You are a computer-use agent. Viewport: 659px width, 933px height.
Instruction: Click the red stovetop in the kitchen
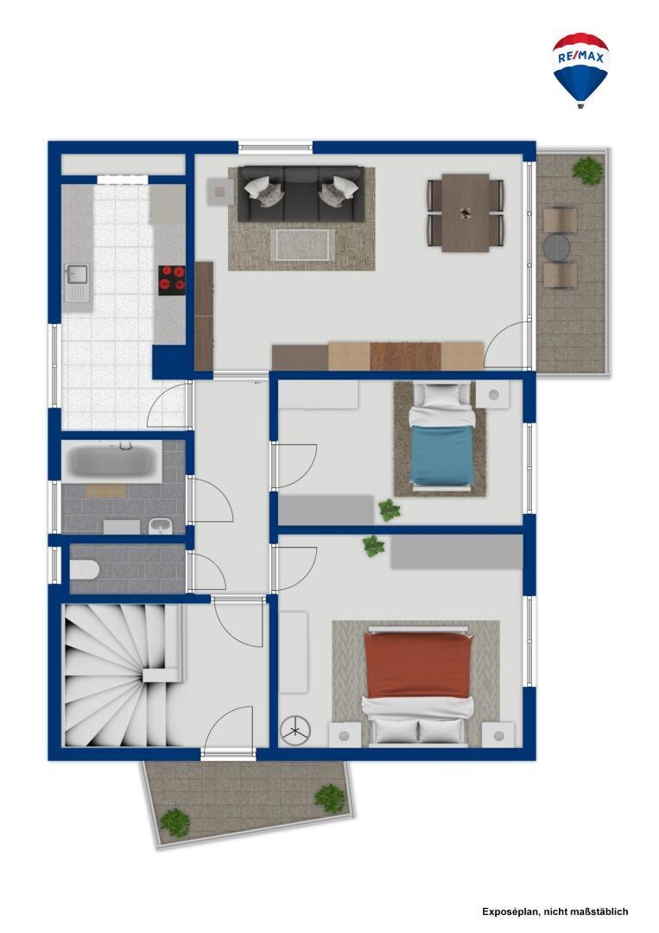click(171, 279)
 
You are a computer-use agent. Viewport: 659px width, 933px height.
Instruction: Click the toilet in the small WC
click(84, 569)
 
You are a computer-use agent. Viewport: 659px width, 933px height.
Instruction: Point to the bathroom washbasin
click(160, 526)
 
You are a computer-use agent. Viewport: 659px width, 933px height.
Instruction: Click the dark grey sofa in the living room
click(301, 194)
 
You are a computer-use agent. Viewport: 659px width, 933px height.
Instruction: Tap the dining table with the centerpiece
click(466, 213)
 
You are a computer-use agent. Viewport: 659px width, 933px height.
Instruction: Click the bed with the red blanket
click(418, 685)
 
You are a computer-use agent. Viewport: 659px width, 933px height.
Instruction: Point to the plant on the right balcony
click(587, 169)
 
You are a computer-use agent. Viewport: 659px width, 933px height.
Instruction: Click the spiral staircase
click(122, 675)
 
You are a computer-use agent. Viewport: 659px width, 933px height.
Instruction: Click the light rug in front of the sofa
click(301, 244)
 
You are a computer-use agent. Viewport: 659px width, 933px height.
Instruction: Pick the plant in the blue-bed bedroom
click(389, 510)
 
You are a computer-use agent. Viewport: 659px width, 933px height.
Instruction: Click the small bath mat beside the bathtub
click(106, 491)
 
